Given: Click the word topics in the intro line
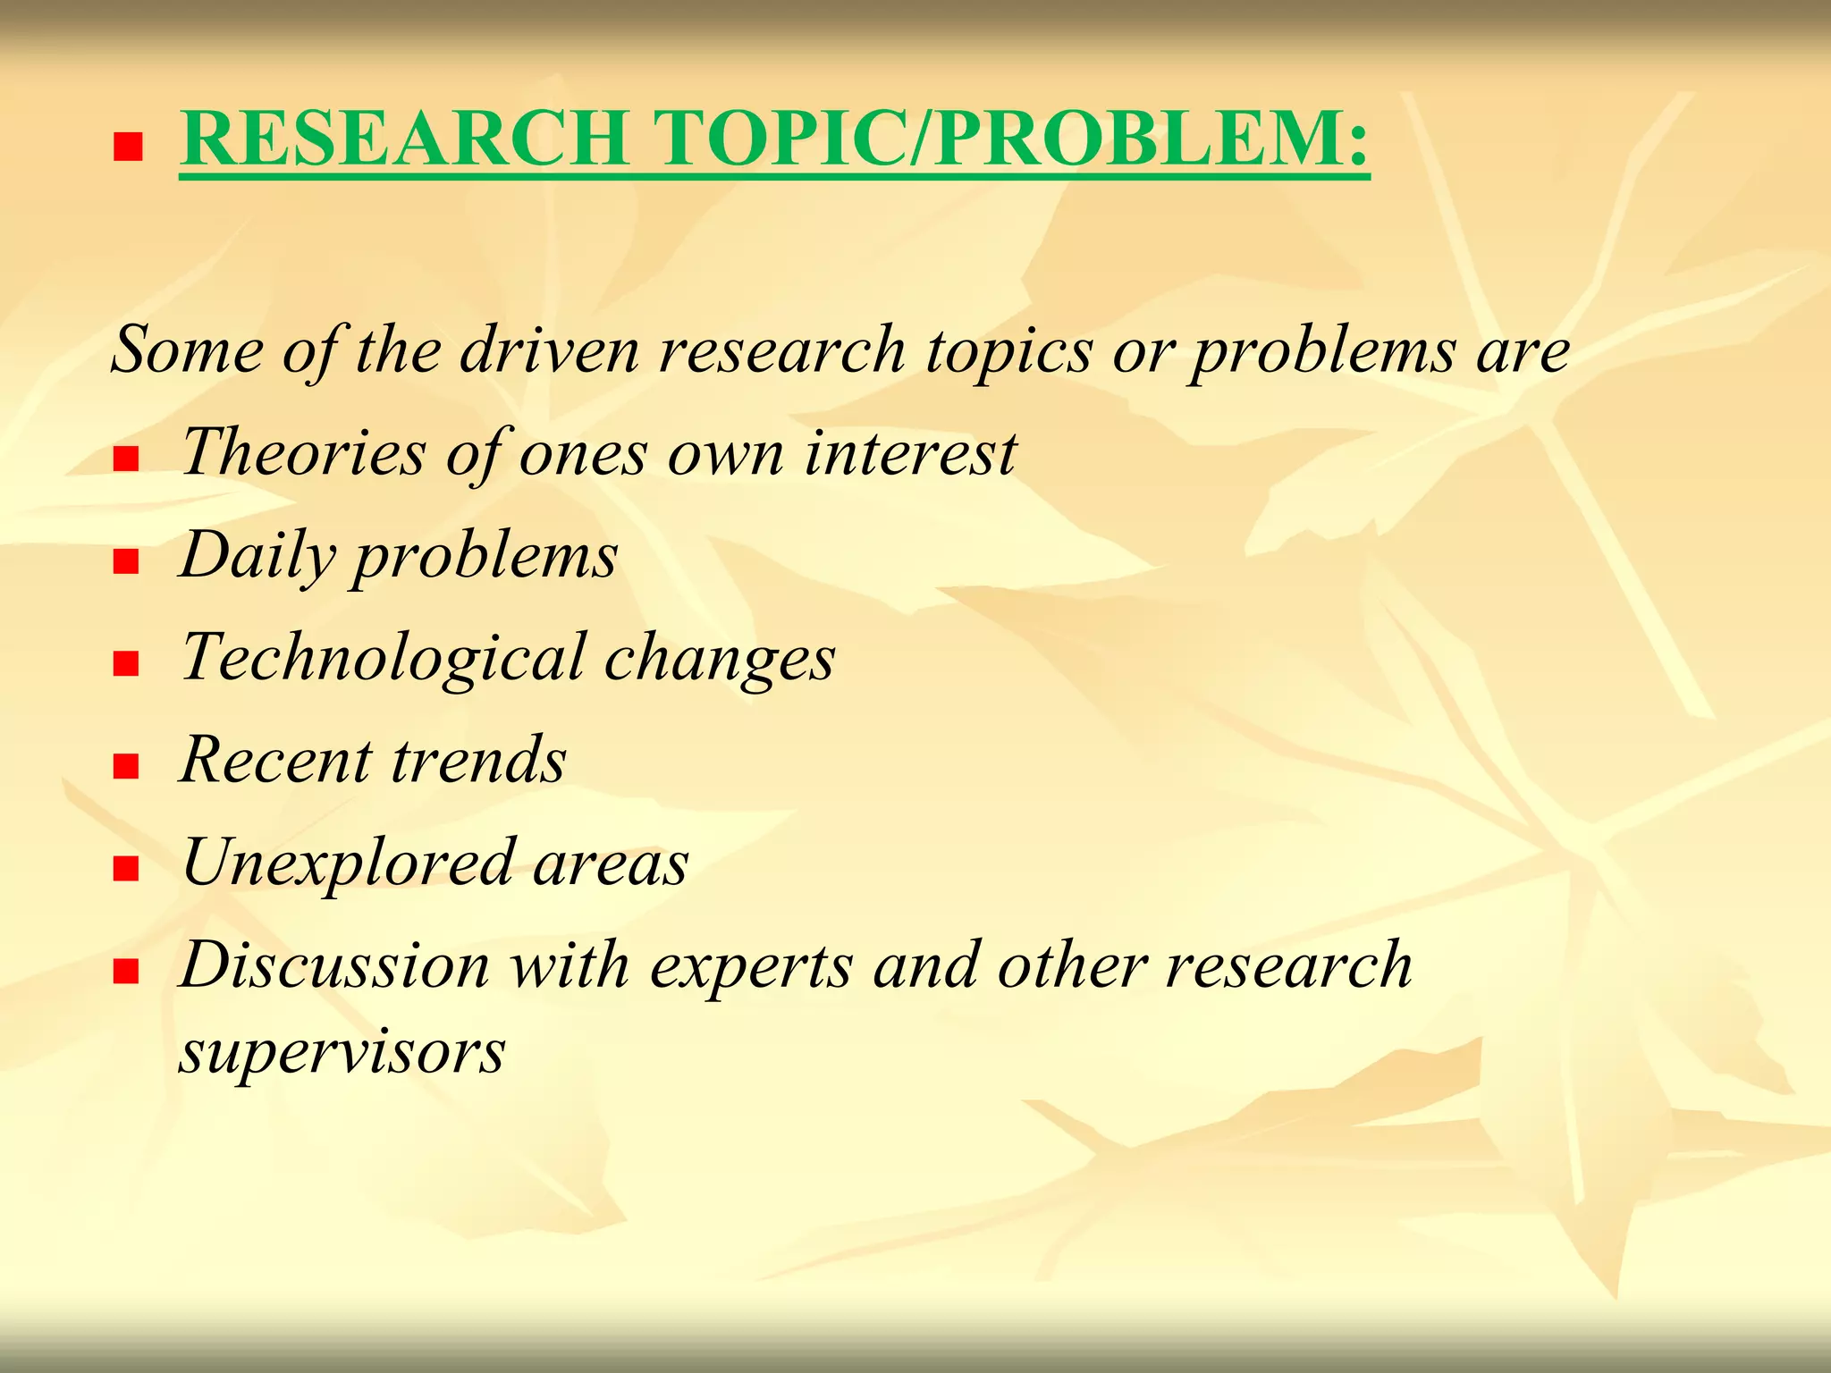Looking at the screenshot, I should point(1008,350).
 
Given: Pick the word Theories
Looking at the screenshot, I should point(304,451).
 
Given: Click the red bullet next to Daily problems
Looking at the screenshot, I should point(127,561).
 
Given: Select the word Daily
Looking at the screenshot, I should point(257,556).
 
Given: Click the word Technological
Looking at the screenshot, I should point(383,658).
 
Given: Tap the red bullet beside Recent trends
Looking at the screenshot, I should point(127,766).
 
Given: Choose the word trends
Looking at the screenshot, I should point(478,760).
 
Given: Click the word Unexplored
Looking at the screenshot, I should point(349,863).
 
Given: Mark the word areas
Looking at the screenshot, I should point(611,863).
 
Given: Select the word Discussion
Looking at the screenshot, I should point(335,965).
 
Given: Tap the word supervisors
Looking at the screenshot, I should point(342,1052).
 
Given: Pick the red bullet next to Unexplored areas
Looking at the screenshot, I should point(127,869).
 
